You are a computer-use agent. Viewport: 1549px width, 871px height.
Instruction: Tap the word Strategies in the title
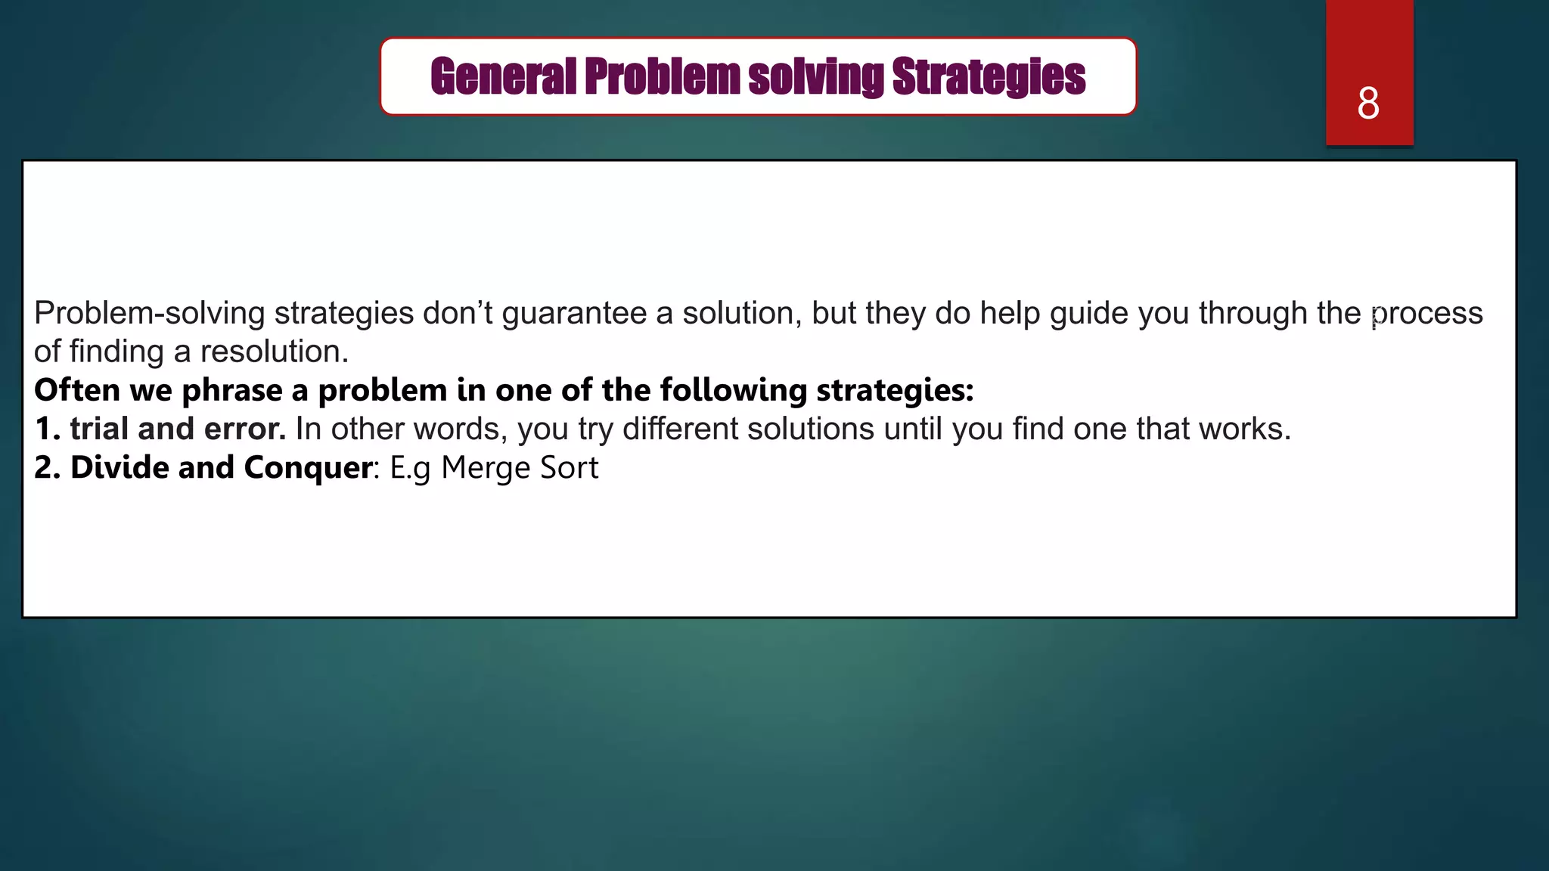(x=989, y=76)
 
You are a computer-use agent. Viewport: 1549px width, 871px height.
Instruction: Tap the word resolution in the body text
(x=273, y=352)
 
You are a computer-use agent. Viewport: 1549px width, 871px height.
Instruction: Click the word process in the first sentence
(x=1427, y=313)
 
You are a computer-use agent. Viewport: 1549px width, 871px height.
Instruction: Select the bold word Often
(x=77, y=390)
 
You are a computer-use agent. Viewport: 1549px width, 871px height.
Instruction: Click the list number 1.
(x=46, y=429)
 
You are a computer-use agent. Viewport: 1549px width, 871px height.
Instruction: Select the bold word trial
(x=99, y=429)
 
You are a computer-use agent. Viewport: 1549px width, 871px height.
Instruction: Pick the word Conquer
(x=308, y=467)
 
